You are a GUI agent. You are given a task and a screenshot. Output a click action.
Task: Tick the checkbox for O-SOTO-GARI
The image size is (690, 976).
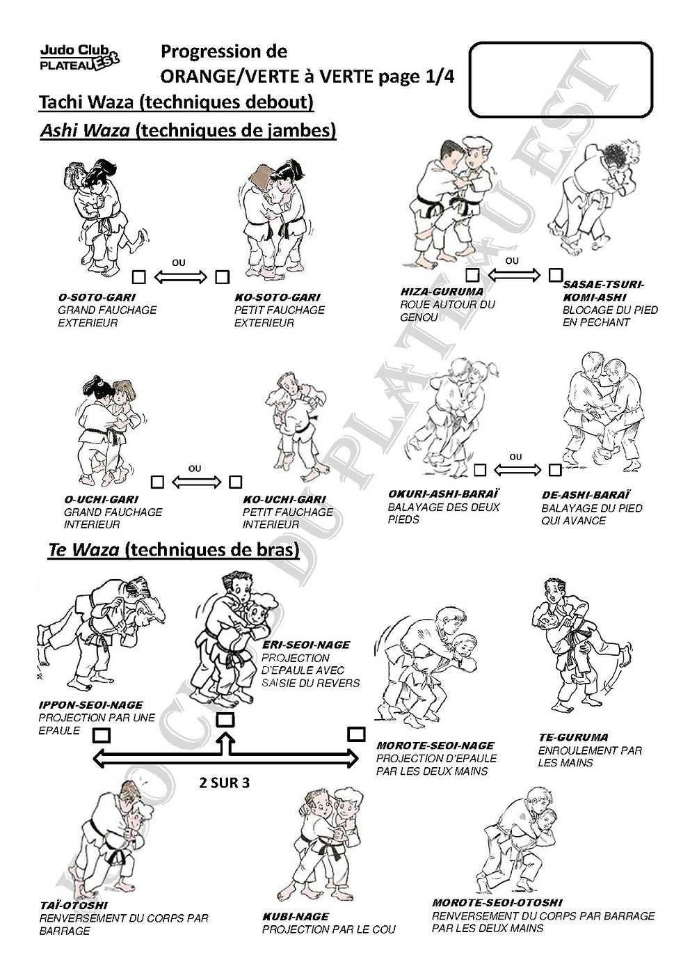coord(139,276)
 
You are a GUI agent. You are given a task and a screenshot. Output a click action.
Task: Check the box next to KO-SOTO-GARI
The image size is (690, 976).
coord(222,276)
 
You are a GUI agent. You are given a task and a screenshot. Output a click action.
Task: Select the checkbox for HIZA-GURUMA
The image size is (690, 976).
coord(473,275)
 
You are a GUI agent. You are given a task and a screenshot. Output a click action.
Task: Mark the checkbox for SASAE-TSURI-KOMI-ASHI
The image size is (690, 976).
coord(555,275)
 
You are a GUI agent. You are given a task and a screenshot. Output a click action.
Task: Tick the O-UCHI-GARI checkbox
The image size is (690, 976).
coord(158,482)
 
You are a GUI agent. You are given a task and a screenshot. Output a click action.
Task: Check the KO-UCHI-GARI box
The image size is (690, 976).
coord(236,482)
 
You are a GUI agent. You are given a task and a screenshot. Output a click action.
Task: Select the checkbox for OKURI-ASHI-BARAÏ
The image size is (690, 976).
coord(480,470)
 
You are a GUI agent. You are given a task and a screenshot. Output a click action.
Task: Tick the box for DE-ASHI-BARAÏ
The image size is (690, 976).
coord(554,470)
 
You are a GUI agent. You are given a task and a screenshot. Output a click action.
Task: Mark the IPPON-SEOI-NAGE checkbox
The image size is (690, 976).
coord(102,736)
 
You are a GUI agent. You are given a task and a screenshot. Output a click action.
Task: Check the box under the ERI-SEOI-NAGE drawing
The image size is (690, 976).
coord(225,720)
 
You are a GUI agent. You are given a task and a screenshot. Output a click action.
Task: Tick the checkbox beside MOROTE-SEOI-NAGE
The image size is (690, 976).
coord(356,734)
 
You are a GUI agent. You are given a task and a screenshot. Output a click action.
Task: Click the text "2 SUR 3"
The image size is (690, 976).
coord(225,783)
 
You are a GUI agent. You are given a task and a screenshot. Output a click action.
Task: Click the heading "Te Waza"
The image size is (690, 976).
coord(83,551)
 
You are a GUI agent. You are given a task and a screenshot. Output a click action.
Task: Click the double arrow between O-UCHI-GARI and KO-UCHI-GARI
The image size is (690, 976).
coord(196,482)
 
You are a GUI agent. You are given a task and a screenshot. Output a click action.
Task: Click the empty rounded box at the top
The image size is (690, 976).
coord(561,42)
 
